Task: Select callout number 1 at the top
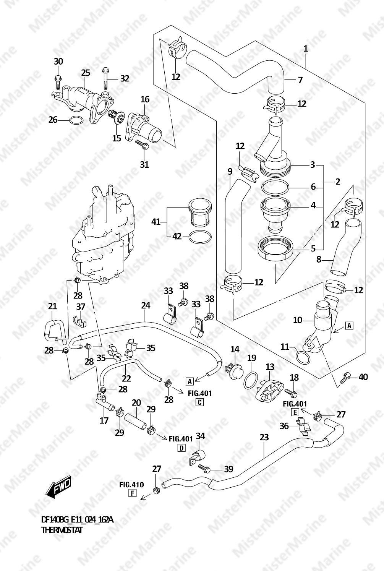click(306, 49)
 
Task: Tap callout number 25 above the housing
click(86, 72)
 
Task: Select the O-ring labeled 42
click(200, 237)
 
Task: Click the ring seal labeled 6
click(275, 188)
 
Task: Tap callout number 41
click(156, 221)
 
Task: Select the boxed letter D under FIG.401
click(181, 448)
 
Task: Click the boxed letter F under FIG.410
click(132, 493)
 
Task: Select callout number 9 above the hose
click(230, 172)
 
